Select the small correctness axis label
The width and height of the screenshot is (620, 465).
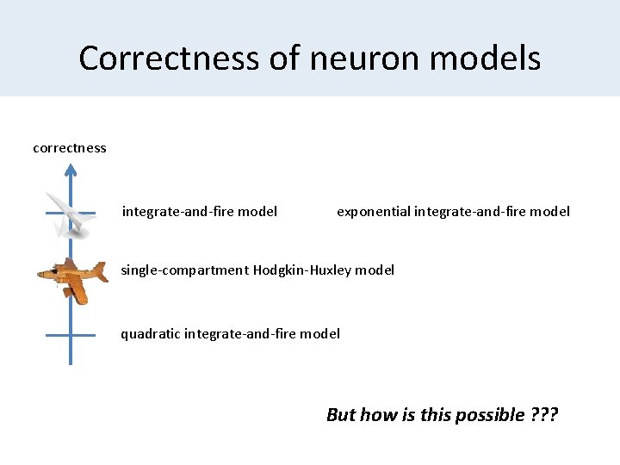point(70,148)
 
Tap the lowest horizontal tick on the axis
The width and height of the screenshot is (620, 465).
point(71,335)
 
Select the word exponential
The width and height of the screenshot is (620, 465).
point(373,212)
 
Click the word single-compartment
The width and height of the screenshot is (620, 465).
point(184,270)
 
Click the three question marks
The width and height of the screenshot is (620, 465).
point(544,415)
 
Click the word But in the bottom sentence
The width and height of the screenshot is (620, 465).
point(341,415)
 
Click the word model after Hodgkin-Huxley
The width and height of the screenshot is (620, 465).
point(375,270)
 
